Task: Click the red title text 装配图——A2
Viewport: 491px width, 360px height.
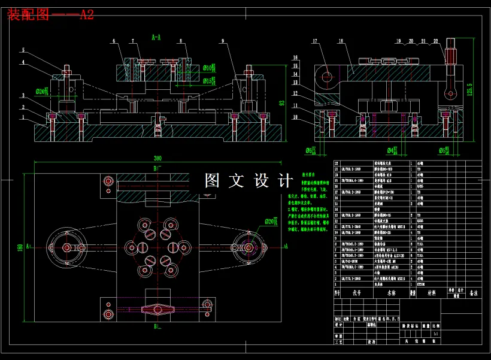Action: [50, 15]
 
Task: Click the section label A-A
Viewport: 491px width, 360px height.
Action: [156, 37]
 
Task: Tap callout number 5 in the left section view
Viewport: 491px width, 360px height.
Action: [23, 50]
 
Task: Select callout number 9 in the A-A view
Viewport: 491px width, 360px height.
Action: [222, 41]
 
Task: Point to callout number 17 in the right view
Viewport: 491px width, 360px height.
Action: [314, 41]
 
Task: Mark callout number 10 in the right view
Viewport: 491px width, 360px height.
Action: [295, 117]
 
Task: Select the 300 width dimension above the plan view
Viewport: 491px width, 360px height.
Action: [157, 158]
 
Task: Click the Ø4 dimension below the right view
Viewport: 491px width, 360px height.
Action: [392, 150]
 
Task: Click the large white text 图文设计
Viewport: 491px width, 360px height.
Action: [248, 180]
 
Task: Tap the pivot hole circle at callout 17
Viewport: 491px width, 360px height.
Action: [326, 77]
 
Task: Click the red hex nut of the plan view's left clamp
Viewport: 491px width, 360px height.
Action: [66, 247]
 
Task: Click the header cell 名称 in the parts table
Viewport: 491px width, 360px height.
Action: [392, 294]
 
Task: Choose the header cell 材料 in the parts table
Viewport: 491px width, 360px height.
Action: [431, 294]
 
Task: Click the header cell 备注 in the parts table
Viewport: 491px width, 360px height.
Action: [473, 294]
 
